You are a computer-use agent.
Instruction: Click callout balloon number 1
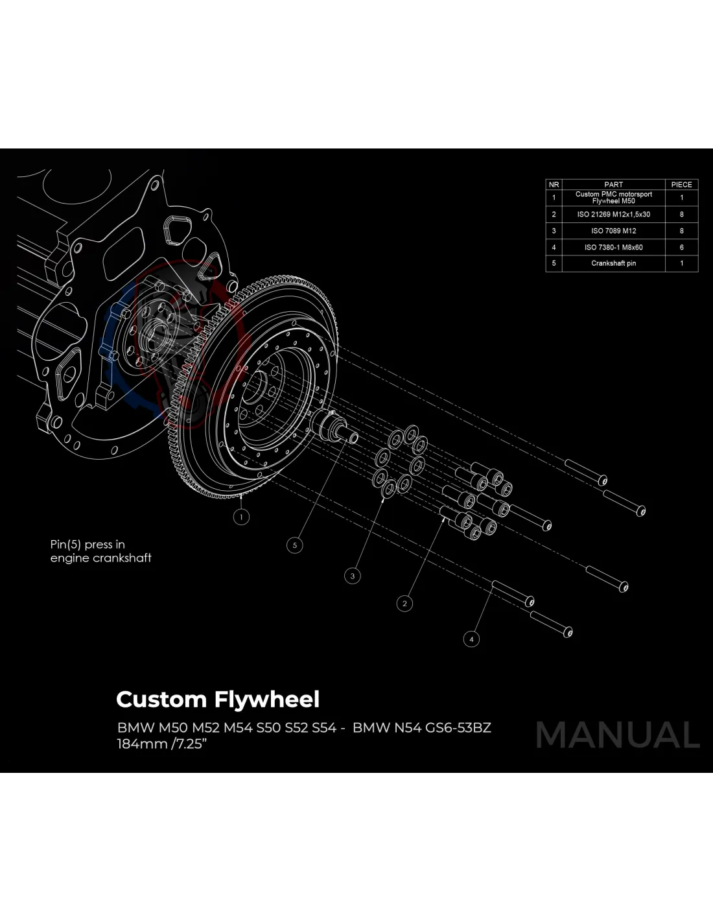(241, 517)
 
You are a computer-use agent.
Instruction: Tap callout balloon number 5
(294, 545)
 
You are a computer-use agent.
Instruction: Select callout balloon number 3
(353, 575)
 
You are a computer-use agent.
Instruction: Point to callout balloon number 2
(404, 604)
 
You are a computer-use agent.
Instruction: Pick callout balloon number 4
(471, 639)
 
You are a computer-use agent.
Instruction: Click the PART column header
(613, 185)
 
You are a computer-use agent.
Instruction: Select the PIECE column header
(681, 185)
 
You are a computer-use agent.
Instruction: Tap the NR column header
(554, 185)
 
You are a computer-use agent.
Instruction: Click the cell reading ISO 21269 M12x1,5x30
(613, 214)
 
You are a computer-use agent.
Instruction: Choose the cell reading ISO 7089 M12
(613, 231)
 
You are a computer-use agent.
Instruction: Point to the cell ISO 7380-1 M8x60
(613, 247)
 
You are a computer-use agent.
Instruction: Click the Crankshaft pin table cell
(613, 263)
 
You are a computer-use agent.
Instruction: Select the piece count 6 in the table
(681, 247)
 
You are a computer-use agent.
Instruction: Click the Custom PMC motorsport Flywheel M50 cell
(613, 197)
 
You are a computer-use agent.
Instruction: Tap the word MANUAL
(618, 735)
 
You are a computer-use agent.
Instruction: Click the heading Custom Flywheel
(218, 700)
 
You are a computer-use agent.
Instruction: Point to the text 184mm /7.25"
(161, 744)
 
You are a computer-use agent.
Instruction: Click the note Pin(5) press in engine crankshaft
(100, 551)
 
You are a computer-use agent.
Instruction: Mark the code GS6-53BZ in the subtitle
(458, 727)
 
